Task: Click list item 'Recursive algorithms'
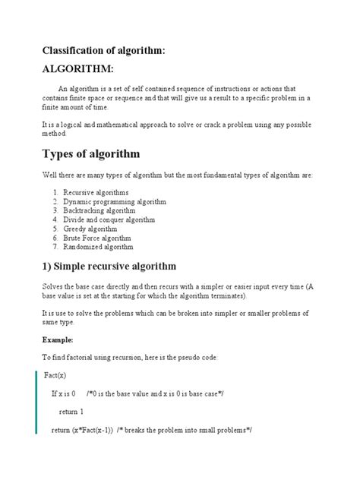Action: (96, 192)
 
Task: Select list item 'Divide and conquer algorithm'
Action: (109, 219)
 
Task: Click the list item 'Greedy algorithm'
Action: (90, 229)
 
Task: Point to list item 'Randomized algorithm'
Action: (98, 247)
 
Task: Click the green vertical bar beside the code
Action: (36, 403)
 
